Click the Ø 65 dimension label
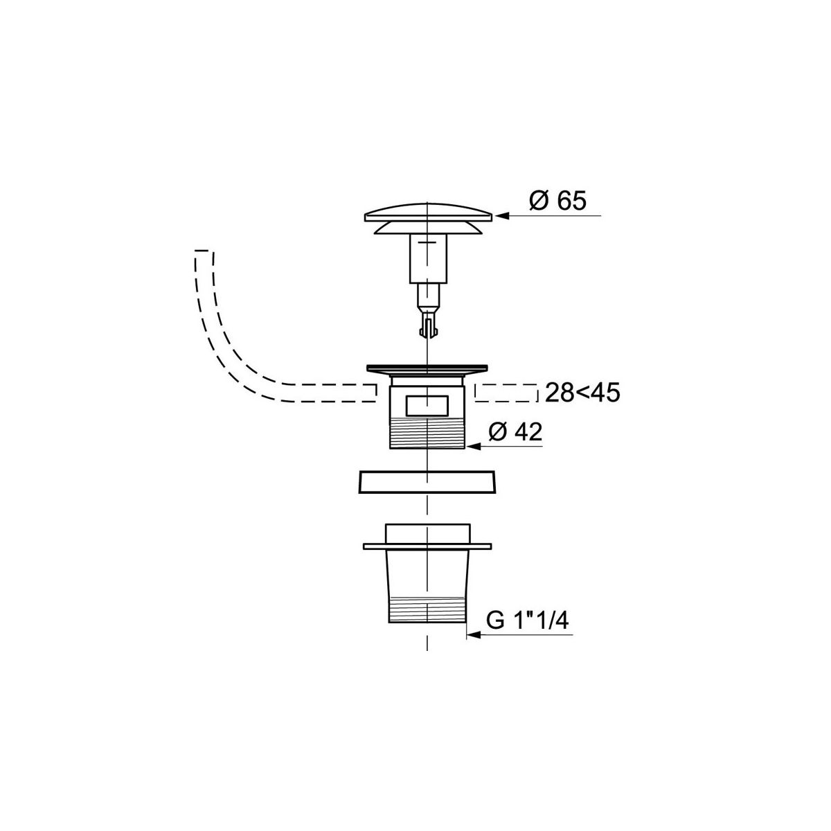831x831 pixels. [x=557, y=202]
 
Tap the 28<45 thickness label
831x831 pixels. [x=582, y=393]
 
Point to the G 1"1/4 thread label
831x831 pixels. [x=528, y=621]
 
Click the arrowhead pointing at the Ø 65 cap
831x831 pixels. [x=501, y=215]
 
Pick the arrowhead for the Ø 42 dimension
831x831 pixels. [x=473, y=447]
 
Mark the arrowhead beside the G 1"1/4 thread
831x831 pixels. [x=474, y=635]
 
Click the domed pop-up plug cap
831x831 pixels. [x=428, y=212]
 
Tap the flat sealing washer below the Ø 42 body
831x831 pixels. [x=427, y=481]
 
